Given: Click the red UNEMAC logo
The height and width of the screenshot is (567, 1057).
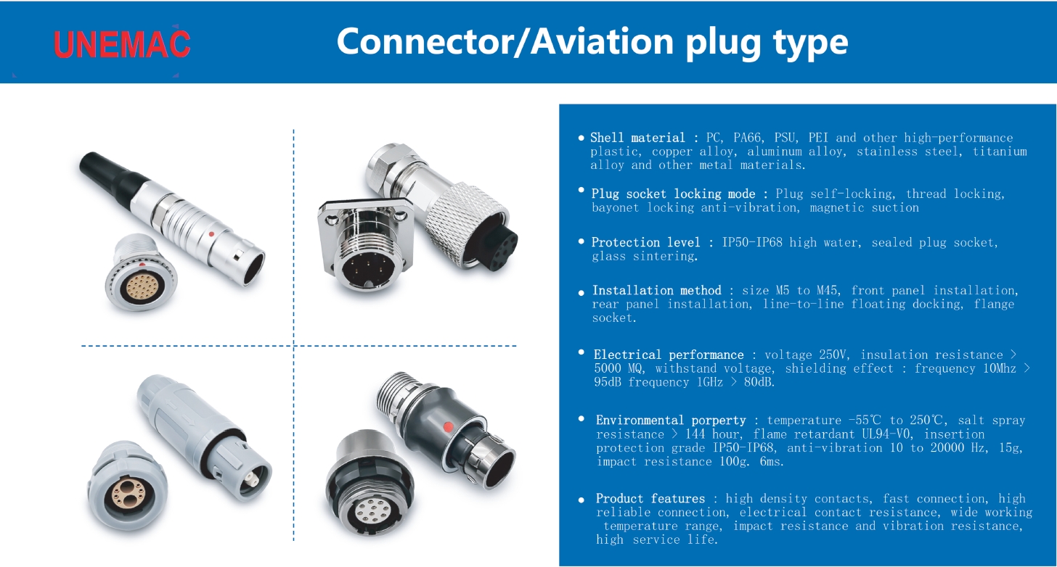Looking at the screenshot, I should [122, 44].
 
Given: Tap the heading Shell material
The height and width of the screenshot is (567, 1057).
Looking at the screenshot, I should [637, 138].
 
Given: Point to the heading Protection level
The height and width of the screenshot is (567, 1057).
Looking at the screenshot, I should [645, 242].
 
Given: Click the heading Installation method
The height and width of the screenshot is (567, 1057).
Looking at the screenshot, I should [656, 290].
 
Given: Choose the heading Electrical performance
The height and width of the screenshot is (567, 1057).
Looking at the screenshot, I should [669, 355].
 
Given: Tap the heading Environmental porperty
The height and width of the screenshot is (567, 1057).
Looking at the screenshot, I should [671, 420].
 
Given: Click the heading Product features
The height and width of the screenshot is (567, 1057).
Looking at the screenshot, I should [650, 498].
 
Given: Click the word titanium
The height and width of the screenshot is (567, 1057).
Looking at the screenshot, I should [1000, 152].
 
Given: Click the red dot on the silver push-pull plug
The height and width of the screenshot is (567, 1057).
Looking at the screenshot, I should [211, 234].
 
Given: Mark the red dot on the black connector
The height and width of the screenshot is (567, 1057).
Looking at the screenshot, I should [448, 426].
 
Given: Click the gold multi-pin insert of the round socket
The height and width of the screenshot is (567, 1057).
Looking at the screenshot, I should [144, 283].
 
